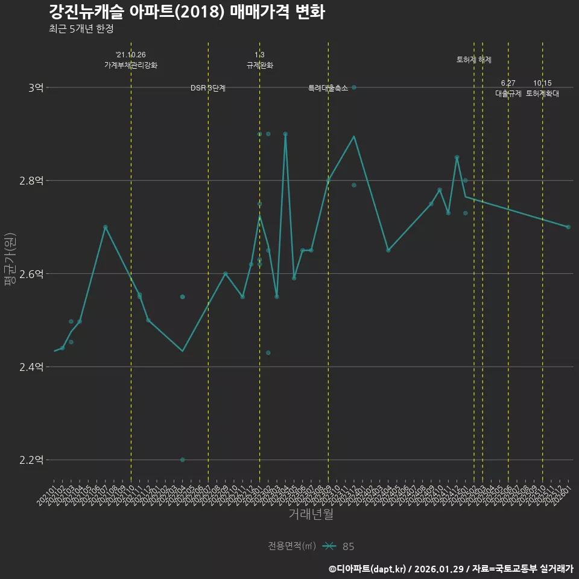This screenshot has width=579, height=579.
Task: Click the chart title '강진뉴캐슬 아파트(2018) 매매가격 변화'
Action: [x=187, y=12]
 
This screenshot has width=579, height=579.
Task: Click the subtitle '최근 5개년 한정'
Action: [x=81, y=28]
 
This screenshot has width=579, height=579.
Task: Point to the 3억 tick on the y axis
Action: [x=36, y=87]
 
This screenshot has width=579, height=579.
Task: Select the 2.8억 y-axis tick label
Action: [x=31, y=180]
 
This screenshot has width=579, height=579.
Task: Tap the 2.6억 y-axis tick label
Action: [x=31, y=274]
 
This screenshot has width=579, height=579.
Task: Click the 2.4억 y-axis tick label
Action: [x=31, y=367]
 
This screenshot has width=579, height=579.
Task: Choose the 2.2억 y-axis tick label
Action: [x=31, y=460]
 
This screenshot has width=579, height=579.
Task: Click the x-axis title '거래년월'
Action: [x=311, y=514]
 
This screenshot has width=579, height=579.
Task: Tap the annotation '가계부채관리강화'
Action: [x=131, y=65]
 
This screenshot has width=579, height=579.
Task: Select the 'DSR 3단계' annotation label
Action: [x=208, y=88]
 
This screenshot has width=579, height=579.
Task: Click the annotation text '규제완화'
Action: [x=260, y=65]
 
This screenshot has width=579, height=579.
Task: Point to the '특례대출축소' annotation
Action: [x=328, y=88]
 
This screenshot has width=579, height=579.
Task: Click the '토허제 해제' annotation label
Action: [x=474, y=60]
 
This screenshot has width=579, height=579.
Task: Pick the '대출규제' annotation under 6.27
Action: [x=508, y=93]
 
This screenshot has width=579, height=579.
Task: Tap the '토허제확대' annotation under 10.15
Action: [x=542, y=93]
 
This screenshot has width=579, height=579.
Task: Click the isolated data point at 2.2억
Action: [x=182, y=460]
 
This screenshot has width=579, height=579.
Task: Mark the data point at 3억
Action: [x=354, y=87]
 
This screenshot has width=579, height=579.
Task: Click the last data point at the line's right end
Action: [x=568, y=227]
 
